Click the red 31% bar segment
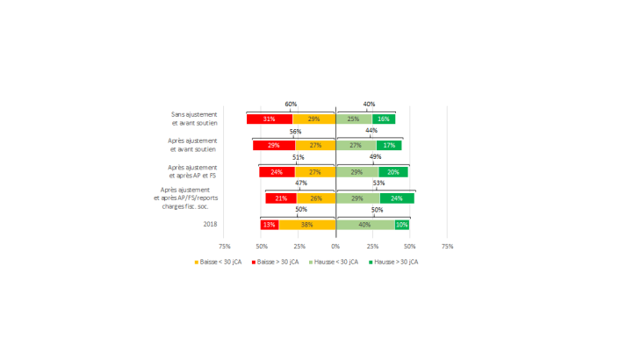click(x=269, y=119)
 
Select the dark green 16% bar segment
click(x=384, y=119)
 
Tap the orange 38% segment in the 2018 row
click(x=307, y=225)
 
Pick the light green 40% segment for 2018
click(x=364, y=225)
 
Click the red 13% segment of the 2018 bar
click(x=270, y=225)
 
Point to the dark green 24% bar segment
click(x=397, y=198)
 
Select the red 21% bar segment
click(x=281, y=198)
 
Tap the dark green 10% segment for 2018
click(x=402, y=225)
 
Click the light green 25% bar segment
click(x=354, y=119)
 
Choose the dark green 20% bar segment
click(x=393, y=172)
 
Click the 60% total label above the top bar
click(x=291, y=104)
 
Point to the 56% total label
click(x=295, y=131)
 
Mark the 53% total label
click(x=378, y=184)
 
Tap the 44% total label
click(x=371, y=131)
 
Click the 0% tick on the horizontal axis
click(x=335, y=247)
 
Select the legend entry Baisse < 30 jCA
click(x=219, y=262)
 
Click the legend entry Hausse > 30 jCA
click(x=393, y=262)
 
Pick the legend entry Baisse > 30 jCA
click(x=277, y=262)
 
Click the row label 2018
click(x=210, y=225)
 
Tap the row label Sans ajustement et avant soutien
click(x=194, y=119)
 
